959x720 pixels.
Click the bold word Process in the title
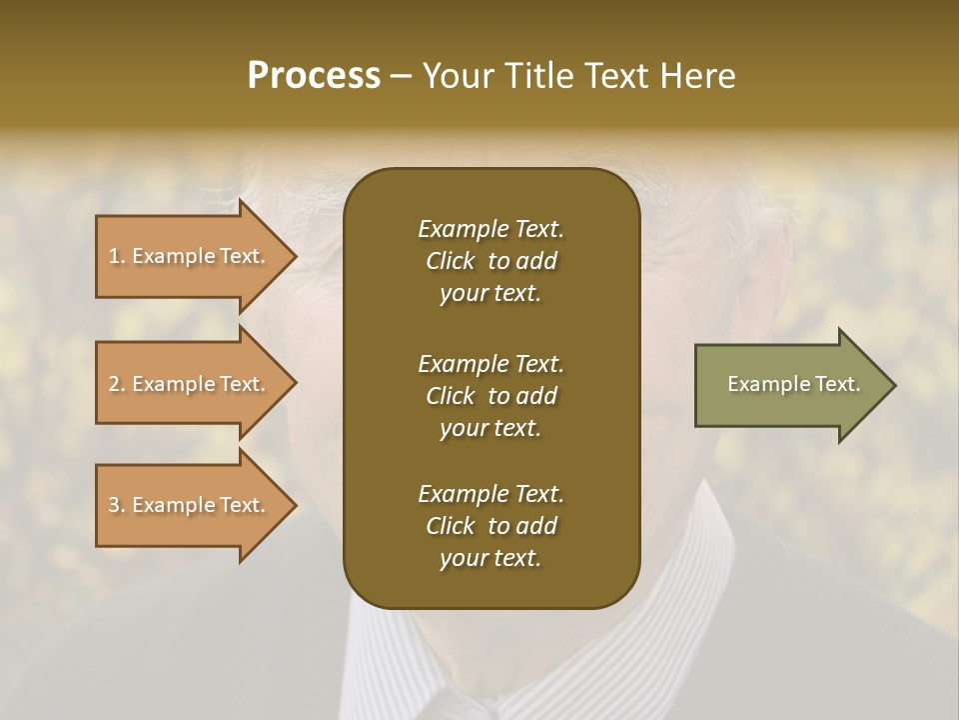point(314,76)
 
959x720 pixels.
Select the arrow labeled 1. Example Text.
point(186,256)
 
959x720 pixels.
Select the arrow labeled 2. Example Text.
point(186,384)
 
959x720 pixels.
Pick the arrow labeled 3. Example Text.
point(186,505)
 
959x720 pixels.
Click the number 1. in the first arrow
point(117,256)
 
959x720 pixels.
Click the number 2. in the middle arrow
point(117,384)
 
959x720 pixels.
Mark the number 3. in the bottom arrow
point(117,505)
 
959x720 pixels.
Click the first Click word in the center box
point(451,261)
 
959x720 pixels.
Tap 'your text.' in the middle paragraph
point(490,428)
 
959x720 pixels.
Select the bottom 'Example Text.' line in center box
point(490,494)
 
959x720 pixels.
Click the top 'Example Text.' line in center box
point(490,229)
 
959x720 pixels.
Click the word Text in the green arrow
point(837,384)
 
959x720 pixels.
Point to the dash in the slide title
point(401,77)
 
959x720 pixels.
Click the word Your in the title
point(457,76)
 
